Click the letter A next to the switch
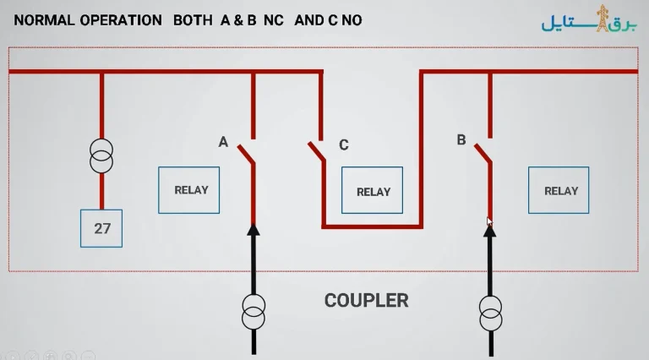[x=223, y=142]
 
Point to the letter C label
[x=344, y=145]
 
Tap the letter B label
[x=461, y=140]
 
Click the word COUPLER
[x=366, y=300]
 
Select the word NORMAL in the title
[x=44, y=20]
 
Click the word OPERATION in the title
[x=121, y=20]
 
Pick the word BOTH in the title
[x=193, y=20]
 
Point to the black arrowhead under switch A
[x=254, y=230]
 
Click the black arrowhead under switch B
[x=489, y=231]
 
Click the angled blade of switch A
[x=246, y=154]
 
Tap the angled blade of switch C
[x=317, y=151]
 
